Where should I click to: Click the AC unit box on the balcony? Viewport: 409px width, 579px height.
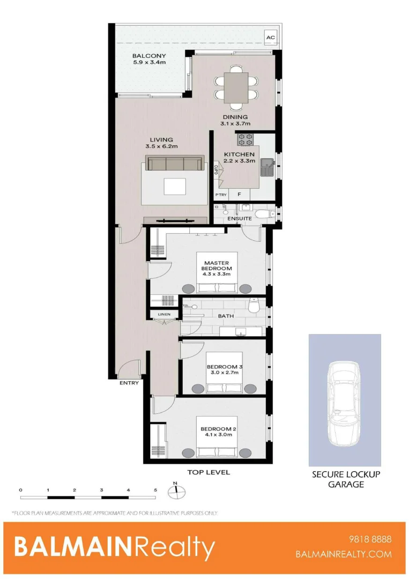(x=270, y=38)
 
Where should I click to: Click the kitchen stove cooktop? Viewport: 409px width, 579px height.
(x=246, y=139)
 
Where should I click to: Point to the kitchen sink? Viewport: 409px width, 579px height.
(x=266, y=167)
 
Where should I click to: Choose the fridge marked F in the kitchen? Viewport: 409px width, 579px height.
(x=240, y=195)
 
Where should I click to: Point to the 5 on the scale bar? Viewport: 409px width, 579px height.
(x=155, y=489)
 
